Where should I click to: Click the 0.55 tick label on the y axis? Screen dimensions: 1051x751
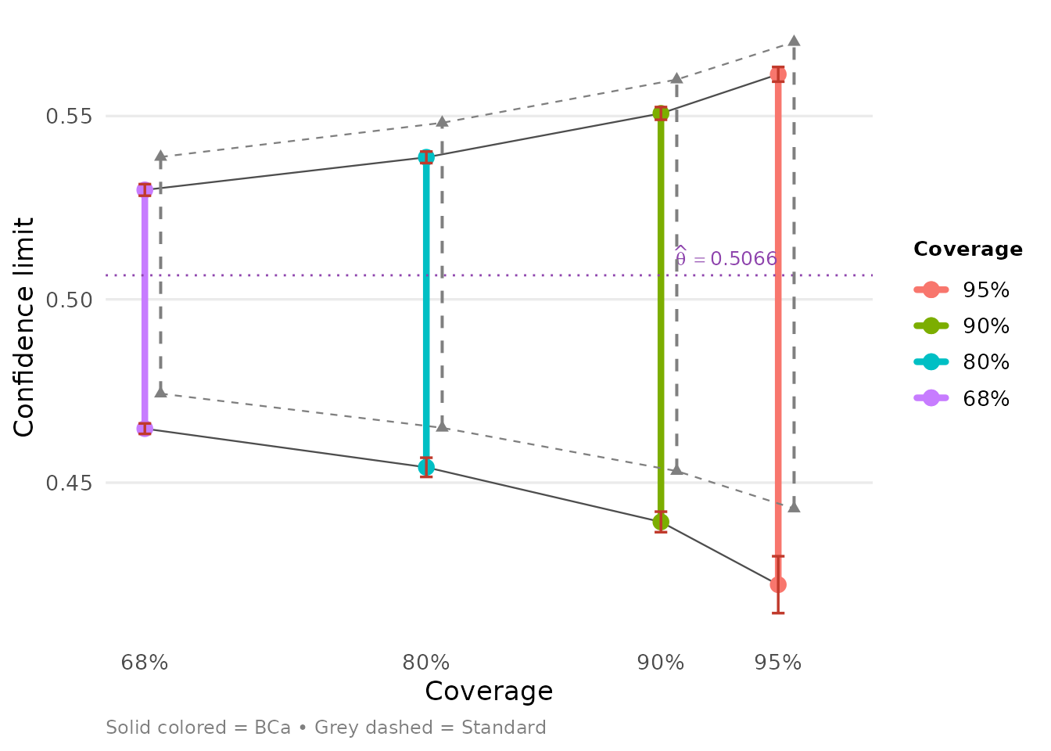[69, 116]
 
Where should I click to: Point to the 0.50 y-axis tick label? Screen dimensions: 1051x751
[69, 300]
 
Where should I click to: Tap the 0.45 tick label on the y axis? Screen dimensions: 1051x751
[69, 483]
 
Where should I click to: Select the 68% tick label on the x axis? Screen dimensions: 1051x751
[145, 663]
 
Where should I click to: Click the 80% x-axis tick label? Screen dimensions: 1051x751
[426, 663]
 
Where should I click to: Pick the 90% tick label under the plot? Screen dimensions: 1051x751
[661, 663]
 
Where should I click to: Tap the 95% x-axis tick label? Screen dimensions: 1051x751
[778, 663]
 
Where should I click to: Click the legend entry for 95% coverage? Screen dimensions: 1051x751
[961, 289]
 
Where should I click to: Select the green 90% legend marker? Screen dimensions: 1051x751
[931, 325]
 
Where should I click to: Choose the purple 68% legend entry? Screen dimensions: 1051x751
[961, 398]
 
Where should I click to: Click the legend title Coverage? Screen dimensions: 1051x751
[968, 249]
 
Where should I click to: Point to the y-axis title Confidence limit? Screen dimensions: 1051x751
[23, 327]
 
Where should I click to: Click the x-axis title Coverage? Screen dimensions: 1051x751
[489, 692]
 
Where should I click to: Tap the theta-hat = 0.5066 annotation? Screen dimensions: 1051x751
[726, 257]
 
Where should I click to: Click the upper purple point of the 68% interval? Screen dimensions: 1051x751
[145, 190]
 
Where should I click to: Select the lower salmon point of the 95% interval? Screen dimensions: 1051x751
[778, 585]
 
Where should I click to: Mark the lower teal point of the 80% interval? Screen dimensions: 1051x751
[426, 467]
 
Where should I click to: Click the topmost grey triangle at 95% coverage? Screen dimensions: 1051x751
[794, 41]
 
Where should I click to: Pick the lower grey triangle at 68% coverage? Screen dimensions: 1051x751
[160, 391]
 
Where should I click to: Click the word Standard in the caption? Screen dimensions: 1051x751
[504, 728]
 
